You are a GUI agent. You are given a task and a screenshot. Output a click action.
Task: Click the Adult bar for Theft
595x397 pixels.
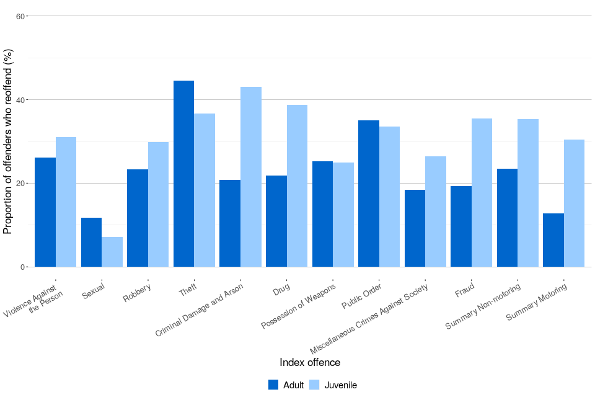point(183,174)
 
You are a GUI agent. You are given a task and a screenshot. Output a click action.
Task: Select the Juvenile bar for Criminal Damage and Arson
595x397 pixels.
point(251,177)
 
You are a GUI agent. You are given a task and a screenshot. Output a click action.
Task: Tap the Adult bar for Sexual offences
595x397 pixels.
point(91,242)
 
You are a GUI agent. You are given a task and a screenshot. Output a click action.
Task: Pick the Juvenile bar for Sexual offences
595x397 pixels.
point(112,252)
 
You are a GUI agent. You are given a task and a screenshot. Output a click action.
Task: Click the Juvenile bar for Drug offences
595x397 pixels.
point(297,186)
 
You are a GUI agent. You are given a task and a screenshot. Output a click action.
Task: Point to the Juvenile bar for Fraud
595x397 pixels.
point(482,192)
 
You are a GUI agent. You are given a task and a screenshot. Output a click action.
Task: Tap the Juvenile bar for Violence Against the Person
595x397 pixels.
point(66,202)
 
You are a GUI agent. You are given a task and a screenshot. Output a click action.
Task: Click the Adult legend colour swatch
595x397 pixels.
point(273,385)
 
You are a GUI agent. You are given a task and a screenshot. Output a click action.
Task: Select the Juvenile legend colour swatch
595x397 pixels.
point(314,385)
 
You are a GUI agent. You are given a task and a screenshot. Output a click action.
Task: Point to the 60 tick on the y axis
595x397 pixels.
point(20,16)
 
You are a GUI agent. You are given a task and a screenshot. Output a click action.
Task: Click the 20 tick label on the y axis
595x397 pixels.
point(20,184)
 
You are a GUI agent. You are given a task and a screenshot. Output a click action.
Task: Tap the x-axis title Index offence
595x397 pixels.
point(310,362)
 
